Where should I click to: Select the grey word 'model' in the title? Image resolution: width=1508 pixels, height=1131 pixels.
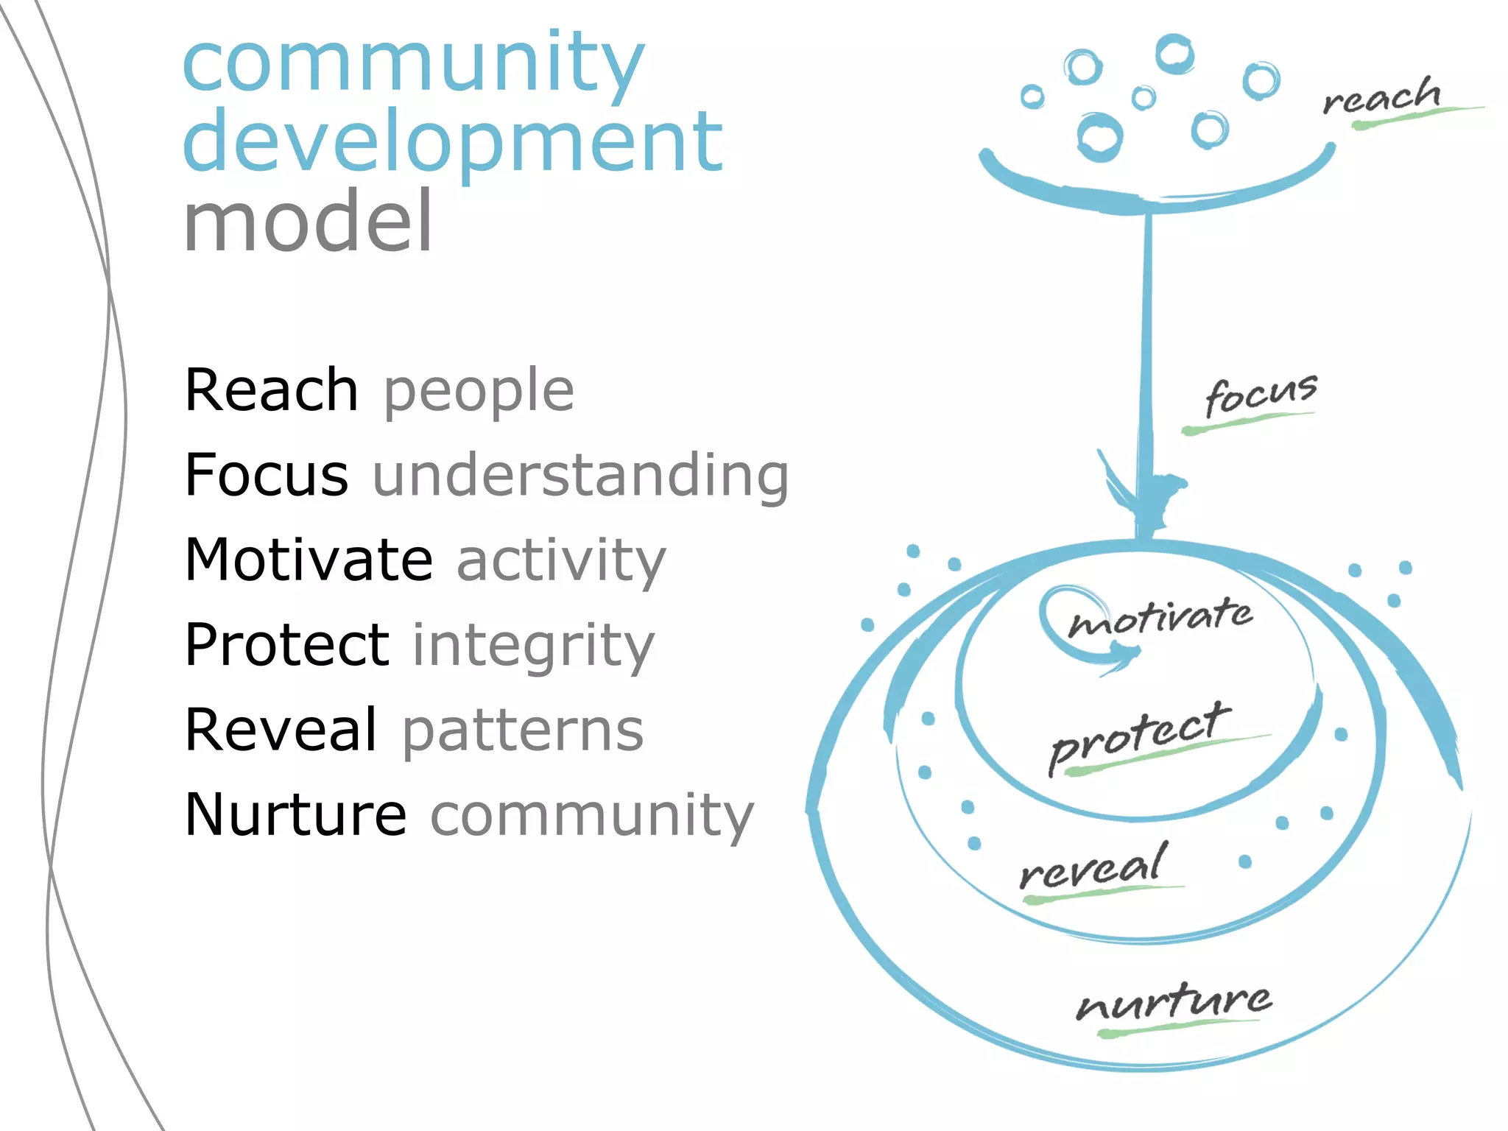coord(308,220)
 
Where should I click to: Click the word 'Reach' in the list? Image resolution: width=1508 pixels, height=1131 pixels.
coord(271,390)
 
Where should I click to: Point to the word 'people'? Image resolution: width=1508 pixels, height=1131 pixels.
coord(479,392)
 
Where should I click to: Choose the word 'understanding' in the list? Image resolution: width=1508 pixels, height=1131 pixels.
coord(581,476)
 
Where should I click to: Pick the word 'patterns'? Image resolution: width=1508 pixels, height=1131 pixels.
coord(523,731)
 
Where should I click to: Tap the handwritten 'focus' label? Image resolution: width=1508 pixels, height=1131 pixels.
coord(1261,395)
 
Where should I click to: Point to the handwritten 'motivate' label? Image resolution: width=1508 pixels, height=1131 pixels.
coord(1160,619)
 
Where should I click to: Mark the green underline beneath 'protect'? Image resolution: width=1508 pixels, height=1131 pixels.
coord(1163,755)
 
